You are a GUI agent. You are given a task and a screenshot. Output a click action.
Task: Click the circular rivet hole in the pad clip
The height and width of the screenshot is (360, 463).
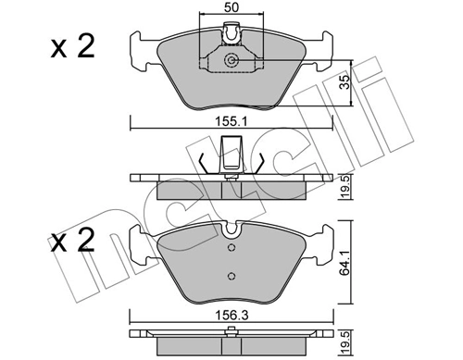click(231, 62)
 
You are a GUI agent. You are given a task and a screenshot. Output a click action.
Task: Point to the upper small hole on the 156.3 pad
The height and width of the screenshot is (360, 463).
click(231, 248)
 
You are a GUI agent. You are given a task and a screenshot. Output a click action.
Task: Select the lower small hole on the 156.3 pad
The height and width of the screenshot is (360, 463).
click(231, 274)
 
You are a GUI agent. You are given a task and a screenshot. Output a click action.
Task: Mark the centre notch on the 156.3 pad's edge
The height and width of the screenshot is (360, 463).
click(231, 230)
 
